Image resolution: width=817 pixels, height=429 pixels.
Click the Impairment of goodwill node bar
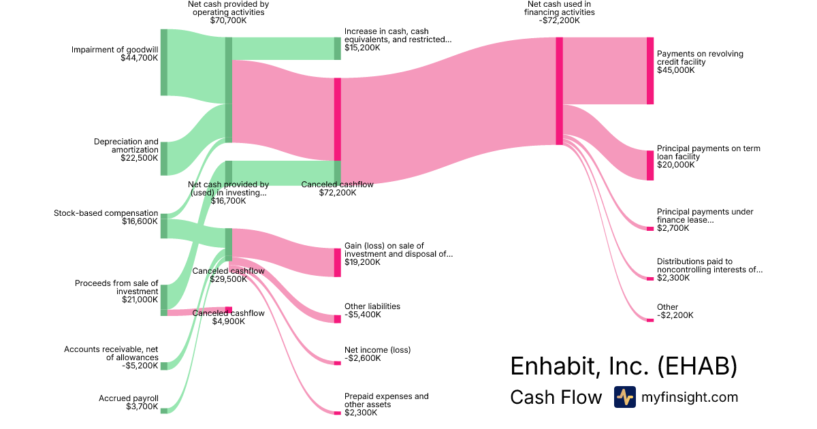[x=163, y=63]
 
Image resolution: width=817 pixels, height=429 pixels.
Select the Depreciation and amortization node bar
[x=163, y=159]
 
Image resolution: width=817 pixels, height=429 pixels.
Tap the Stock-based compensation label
[x=106, y=213]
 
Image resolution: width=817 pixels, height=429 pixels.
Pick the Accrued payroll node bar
[x=163, y=411]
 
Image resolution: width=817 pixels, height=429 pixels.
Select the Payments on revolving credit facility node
[x=650, y=71]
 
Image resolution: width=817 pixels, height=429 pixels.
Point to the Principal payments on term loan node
[x=650, y=165]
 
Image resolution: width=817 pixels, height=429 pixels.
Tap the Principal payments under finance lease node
[x=650, y=228]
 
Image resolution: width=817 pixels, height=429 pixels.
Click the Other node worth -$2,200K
[x=650, y=319]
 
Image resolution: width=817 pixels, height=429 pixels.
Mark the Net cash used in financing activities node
[x=559, y=91]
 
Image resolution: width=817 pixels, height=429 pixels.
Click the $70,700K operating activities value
[x=228, y=20]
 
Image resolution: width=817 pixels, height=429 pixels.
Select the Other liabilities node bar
[x=337, y=319]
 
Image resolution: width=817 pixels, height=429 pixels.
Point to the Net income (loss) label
[x=377, y=350]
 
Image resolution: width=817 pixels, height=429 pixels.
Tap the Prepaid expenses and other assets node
[x=337, y=413]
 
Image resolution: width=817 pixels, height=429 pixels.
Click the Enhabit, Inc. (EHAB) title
[x=623, y=366]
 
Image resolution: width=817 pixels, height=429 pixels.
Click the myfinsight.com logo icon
[x=624, y=397]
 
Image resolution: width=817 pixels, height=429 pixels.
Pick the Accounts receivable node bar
[x=163, y=366]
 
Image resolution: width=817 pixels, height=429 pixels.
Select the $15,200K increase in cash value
[x=362, y=48]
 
